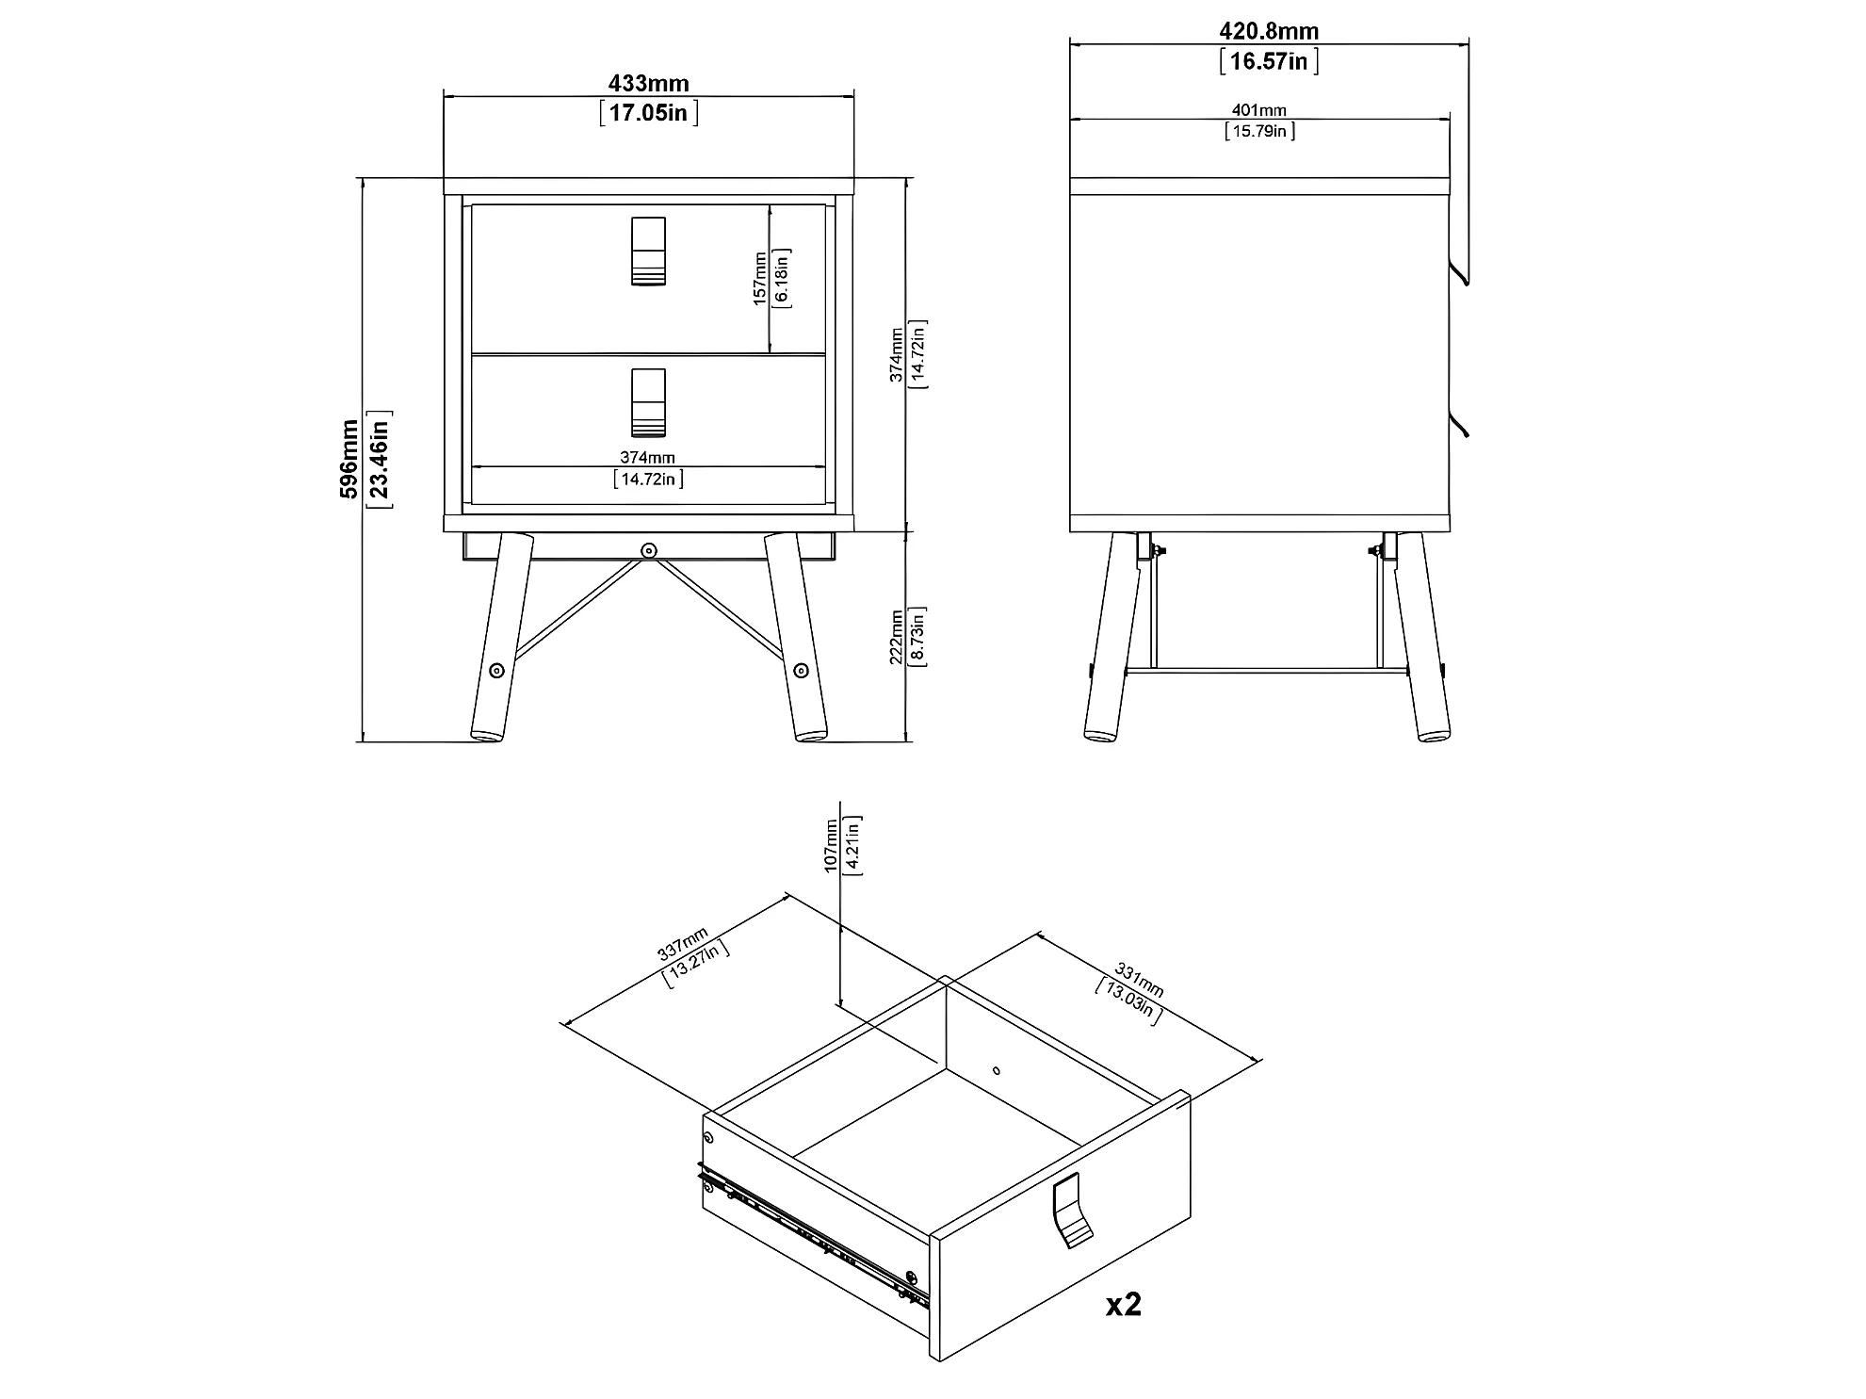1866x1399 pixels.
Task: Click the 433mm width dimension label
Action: click(x=648, y=84)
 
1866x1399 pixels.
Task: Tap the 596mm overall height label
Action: click(x=349, y=459)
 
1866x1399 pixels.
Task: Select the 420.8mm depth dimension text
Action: click(x=1269, y=31)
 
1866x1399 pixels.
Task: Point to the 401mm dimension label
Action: click(x=1259, y=110)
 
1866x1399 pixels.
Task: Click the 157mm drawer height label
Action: click(x=759, y=278)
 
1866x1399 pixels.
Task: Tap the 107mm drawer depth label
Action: click(x=832, y=845)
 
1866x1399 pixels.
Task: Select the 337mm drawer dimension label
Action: click(x=683, y=944)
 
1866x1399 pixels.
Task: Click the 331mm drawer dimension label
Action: click(x=1140, y=980)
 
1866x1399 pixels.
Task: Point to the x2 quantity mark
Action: click(x=1124, y=1304)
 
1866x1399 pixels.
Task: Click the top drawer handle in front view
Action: click(x=648, y=251)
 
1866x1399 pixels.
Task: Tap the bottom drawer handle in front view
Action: click(x=648, y=402)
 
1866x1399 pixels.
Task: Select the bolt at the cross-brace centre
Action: click(x=648, y=550)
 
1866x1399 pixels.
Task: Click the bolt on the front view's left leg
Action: click(x=496, y=671)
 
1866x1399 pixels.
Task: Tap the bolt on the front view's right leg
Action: click(x=801, y=671)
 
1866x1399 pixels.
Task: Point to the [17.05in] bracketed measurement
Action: click(x=649, y=114)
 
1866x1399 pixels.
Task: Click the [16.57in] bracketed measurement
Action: click(x=1269, y=61)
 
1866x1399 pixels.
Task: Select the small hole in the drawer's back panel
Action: click(x=997, y=1070)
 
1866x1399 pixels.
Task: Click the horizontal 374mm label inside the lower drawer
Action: click(x=647, y=457)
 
